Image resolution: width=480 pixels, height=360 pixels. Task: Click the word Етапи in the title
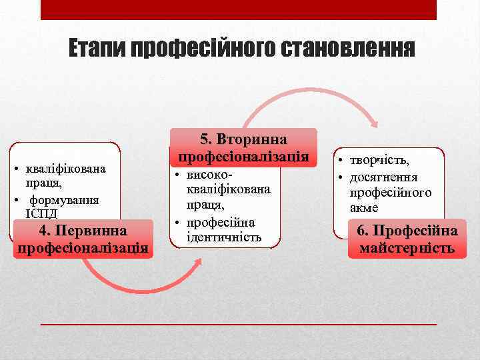pyautogui.click(x=97, y=49)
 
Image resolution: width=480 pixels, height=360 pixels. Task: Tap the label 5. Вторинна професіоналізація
pyautogui.click(x=243, y=148)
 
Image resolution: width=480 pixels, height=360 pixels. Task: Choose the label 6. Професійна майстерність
pyautogui.click(x=407, y=240)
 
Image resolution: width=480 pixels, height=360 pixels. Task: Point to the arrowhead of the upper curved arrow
pyautogui.click(x=375, y=124)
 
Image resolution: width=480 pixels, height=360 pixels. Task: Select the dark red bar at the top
pyautogui.click(x=239, y=9)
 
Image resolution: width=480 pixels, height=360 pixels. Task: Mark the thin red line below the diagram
pyautogui.click(x=239, y=323)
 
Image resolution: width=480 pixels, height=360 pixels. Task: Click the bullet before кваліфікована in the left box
pyautogui.click(x=15, y=168)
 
